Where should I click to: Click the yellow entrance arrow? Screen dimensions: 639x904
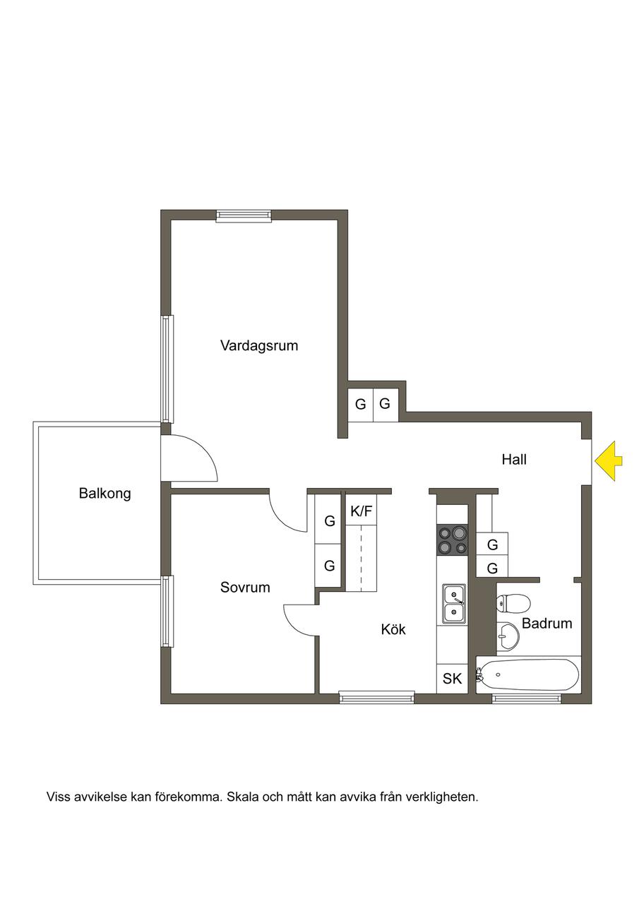(608, 460)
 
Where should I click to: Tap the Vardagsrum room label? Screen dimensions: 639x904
(259, 345)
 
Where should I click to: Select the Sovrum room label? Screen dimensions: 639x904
(245, 587)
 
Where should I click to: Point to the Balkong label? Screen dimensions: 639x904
(105, 494)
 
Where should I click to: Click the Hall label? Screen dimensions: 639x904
(514, 459)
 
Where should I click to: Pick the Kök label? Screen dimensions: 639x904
(393, 629)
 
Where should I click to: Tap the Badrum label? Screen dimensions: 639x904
(547, 623)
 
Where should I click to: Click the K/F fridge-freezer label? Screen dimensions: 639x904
(361, 511)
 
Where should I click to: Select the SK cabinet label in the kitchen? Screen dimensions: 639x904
(452, 679)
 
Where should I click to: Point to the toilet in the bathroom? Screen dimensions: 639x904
(513, 603)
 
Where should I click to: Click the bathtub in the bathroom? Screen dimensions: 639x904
(528, 674)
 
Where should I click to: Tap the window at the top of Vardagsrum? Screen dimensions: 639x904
(244, 216)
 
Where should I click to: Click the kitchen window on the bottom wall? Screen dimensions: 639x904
(377, 697)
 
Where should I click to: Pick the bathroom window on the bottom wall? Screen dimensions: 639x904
(527, 697)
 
